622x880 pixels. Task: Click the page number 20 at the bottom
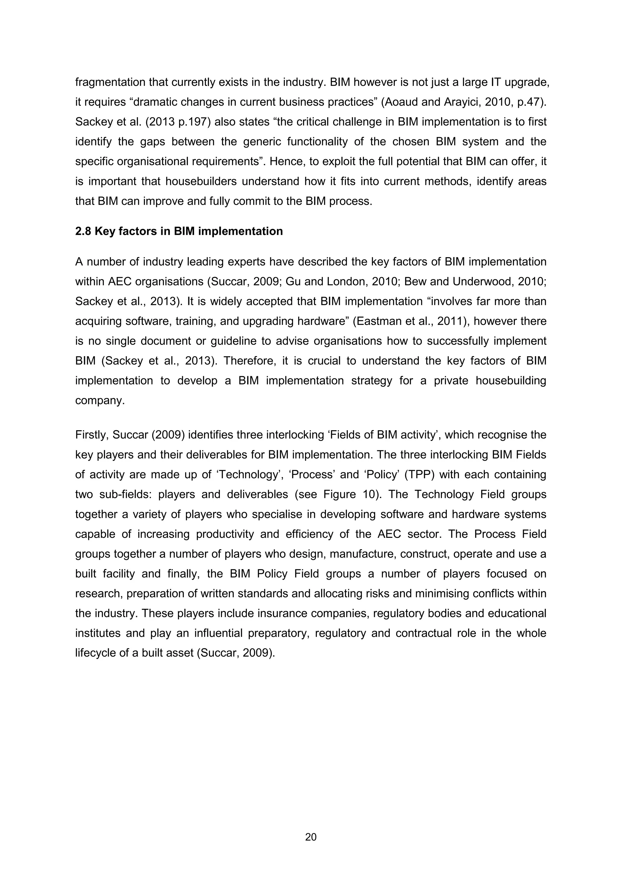[x=311, y=837]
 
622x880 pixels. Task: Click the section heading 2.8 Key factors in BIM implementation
[x=179, y=231]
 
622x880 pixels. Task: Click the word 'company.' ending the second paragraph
[x=100, y=401]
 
